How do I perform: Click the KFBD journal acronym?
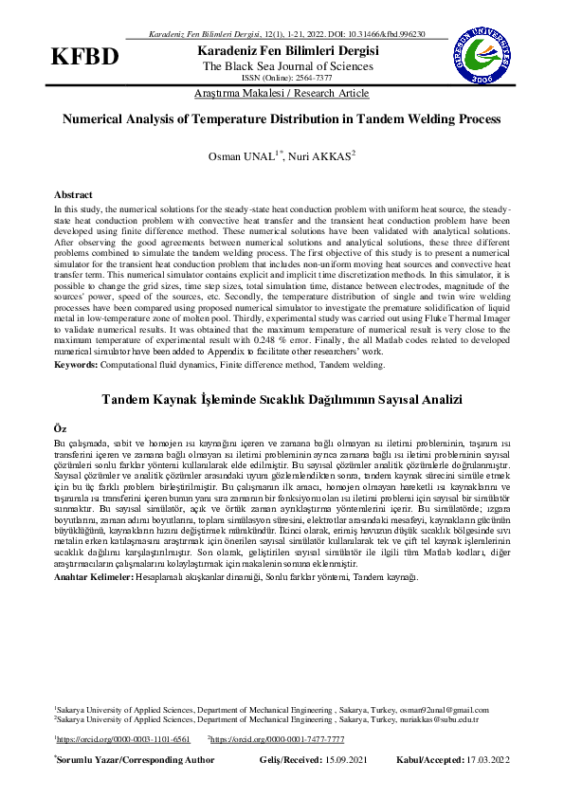click(x=85, y=56)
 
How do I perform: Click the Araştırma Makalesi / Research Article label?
click(x=282, y=93)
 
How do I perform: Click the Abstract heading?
click(x=73, y=193)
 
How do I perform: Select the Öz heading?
click(x=61, y=428)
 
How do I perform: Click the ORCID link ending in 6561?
click(x=123, y=738)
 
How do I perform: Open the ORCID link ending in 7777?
click(x=278, y=738)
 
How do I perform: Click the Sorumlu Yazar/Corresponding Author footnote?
click(x=135, y=760)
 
